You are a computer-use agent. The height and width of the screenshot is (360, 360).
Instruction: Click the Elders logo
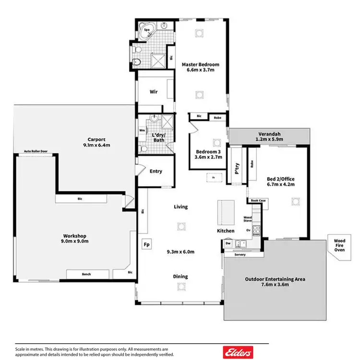point(238,352)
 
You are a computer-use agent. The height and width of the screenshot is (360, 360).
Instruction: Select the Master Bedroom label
point(200,64)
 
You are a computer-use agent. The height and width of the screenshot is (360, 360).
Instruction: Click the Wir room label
point(154,91)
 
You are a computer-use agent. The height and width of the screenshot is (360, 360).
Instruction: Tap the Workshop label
point(74,236)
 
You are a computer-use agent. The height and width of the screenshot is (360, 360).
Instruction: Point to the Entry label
point(156,171)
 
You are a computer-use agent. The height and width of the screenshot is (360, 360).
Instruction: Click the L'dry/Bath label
point(159,138)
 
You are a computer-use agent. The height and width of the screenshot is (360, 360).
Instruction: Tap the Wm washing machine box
point(142,130)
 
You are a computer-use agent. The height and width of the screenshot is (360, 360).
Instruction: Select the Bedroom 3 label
point(206,153)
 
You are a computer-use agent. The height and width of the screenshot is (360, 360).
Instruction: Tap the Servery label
point(240,254)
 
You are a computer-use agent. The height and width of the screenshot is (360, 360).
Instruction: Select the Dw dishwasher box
point(228,243)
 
